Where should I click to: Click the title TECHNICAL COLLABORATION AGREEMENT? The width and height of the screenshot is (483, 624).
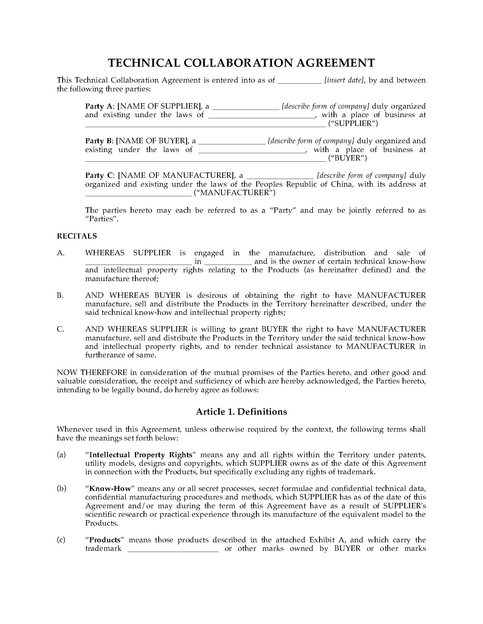tap(241, 63)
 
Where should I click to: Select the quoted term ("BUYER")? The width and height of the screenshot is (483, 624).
tap(347, 158)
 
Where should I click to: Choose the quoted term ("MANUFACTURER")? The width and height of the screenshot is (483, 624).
tap(235, 193)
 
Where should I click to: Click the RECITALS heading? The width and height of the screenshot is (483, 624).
tap(77, 236)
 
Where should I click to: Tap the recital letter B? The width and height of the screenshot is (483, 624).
tap(60, 296)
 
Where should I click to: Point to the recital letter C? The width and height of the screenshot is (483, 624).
tap(60, 329)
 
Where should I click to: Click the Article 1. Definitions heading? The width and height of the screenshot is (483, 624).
tap(241, 412)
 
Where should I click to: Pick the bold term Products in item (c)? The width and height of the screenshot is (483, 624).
tap(105, 540)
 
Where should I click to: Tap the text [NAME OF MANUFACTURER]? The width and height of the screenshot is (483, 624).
tap(176, 175)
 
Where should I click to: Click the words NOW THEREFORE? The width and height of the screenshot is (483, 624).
tap(92, 373)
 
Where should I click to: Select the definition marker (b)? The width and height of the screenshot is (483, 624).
tap(61, 489)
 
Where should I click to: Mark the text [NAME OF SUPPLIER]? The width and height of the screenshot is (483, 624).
tap(159, 106)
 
